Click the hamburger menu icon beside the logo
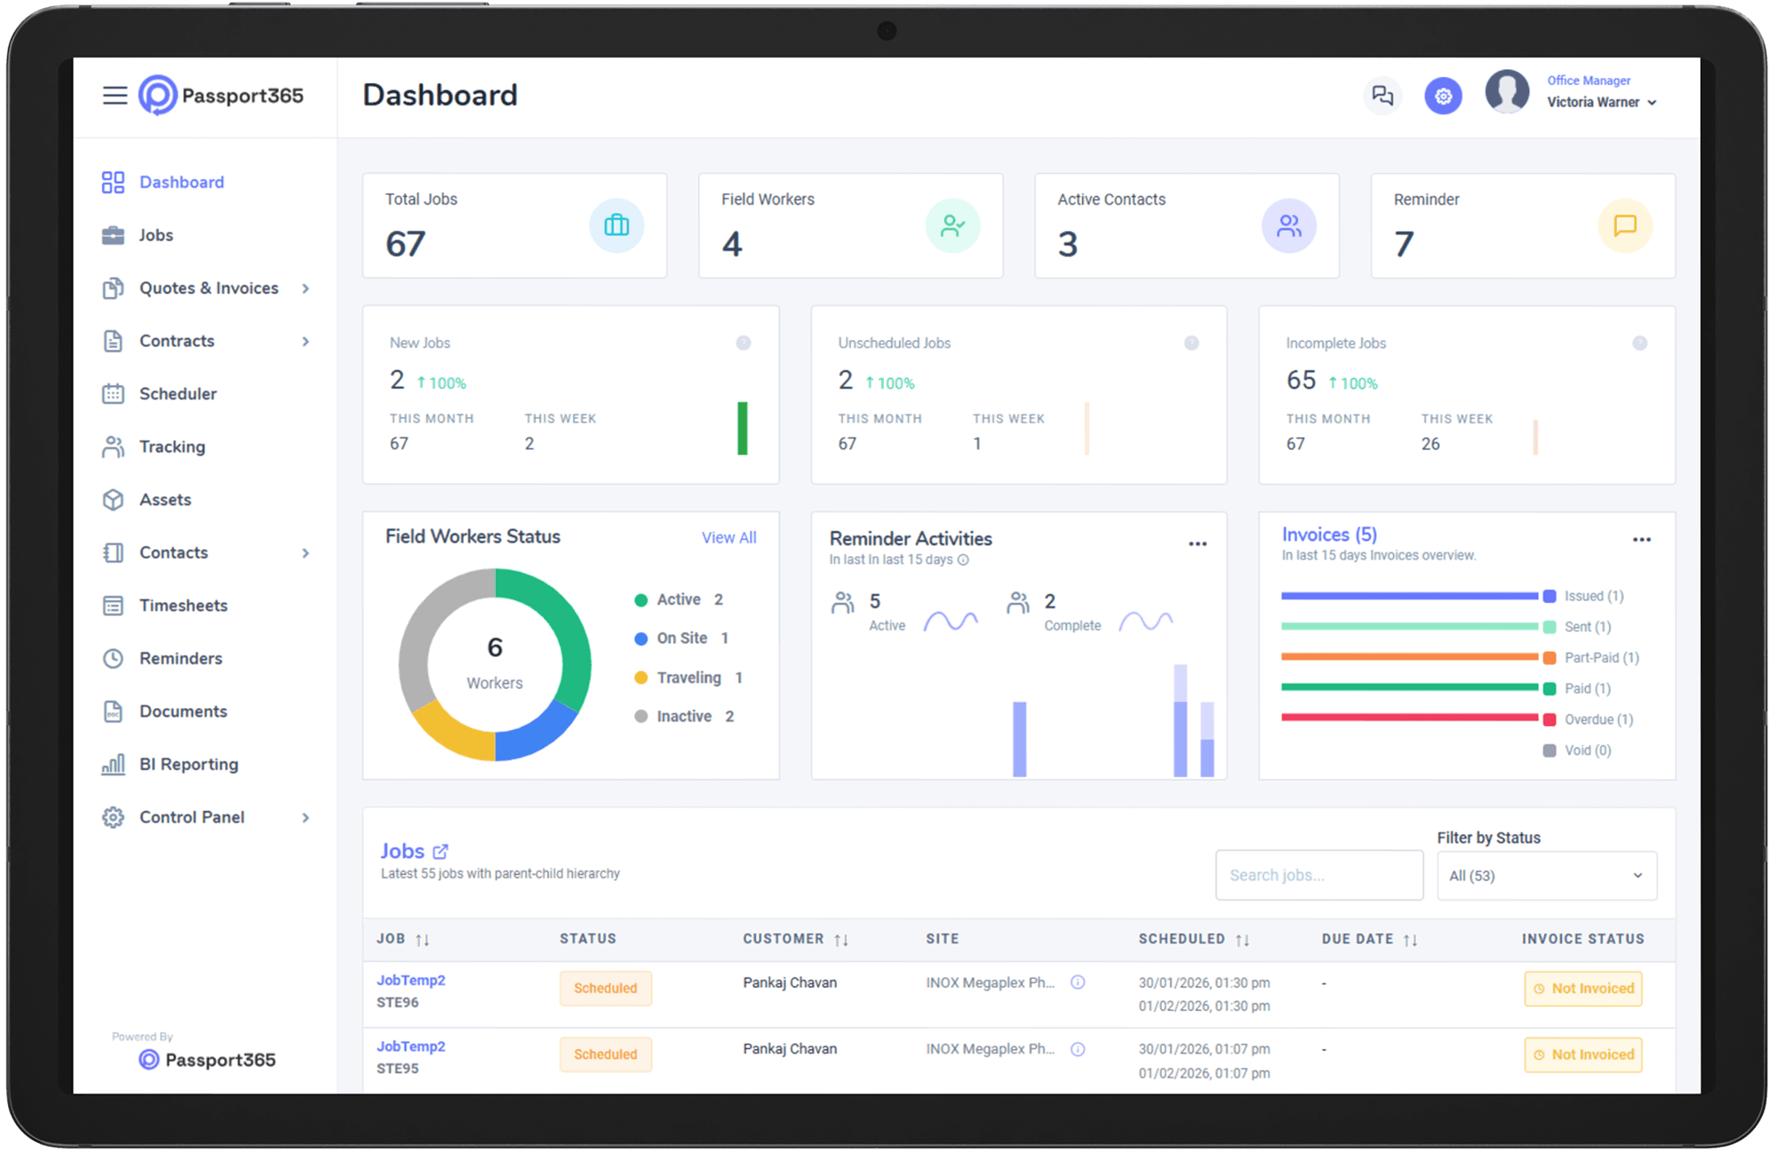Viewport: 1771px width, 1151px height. coord(115,96)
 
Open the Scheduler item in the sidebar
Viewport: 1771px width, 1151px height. coord(177,394)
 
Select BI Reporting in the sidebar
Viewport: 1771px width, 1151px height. coord(188,764)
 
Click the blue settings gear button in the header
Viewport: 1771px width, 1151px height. coord(1442,96)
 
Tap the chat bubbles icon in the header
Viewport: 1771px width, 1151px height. coord(1382,96)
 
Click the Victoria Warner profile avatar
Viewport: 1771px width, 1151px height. coord(1507,92)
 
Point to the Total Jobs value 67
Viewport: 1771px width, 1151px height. coord(406,243)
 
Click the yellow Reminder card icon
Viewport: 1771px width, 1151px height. coord(1625,226)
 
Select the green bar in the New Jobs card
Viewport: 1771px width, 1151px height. coord(742,429)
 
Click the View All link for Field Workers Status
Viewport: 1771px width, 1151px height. coord(729,537)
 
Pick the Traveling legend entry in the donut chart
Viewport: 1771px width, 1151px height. coord(688,677)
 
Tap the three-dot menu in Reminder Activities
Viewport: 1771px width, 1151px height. coord(1197,544)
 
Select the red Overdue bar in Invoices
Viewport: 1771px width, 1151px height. coord(1409,717)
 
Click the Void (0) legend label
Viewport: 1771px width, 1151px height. coord(1587,751)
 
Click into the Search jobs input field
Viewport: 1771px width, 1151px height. coord(1319,875)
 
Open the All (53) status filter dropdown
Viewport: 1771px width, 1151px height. coord(1546,876)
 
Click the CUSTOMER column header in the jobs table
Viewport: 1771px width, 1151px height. coord(784,939)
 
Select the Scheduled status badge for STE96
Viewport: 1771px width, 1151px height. coord(606,988)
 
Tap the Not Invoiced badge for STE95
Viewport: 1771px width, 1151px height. coord(1583,1054)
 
